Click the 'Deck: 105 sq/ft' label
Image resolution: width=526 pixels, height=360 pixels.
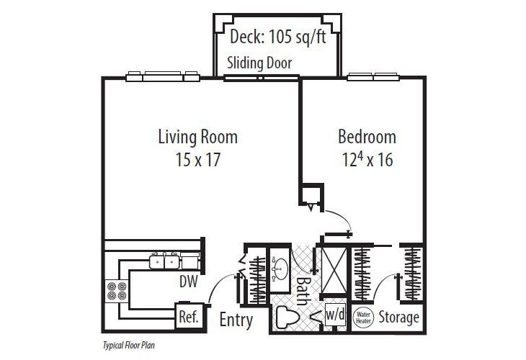277,37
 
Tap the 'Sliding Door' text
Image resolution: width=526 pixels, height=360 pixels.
259,63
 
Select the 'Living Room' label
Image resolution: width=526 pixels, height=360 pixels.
197,135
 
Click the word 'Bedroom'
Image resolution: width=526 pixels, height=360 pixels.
367,136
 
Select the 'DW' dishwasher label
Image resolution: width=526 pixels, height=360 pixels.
189,282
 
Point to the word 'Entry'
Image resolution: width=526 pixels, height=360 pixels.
236,319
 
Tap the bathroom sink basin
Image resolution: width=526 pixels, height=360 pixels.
279,269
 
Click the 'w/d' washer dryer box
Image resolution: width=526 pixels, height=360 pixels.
335,315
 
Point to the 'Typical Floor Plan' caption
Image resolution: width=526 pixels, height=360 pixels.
130,346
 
